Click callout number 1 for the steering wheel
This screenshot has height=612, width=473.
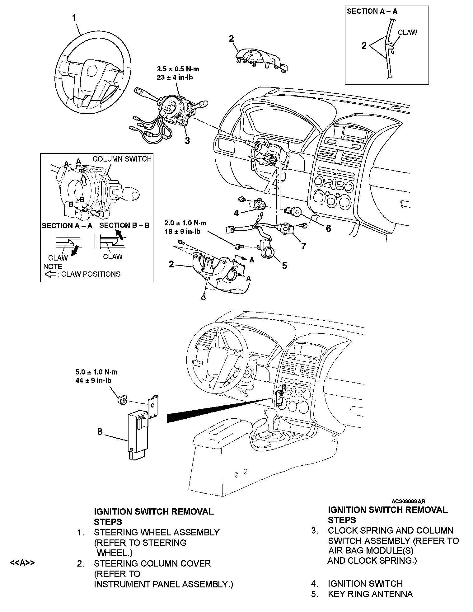point(74,18)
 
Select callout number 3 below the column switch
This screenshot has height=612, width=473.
point(187,141)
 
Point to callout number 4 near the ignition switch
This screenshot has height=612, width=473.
point(236,213)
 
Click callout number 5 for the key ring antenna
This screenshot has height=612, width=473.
point(284,265)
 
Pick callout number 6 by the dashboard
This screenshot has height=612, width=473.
point(328,228)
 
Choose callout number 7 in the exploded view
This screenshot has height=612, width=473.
point(303,246)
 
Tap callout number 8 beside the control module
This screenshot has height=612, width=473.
point(100,432)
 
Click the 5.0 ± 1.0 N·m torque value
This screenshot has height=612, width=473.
point(96,372)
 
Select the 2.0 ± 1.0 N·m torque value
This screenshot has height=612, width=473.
point(185,223)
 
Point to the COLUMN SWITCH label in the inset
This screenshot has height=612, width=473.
point(122,159)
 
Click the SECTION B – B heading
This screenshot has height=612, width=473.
point(124,225)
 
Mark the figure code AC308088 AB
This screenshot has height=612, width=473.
point(408,501)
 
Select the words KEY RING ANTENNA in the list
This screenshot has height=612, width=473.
point(370,594)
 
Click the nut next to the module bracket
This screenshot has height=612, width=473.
point(122,399)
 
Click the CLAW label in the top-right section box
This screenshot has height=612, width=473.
point(408,32)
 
